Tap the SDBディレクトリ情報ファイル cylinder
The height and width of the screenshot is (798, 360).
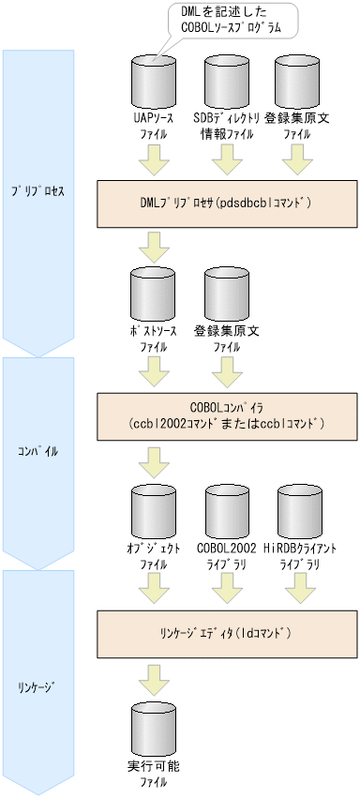(x=223, y=83)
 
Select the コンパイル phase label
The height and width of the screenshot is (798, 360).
(x=37, y=451)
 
